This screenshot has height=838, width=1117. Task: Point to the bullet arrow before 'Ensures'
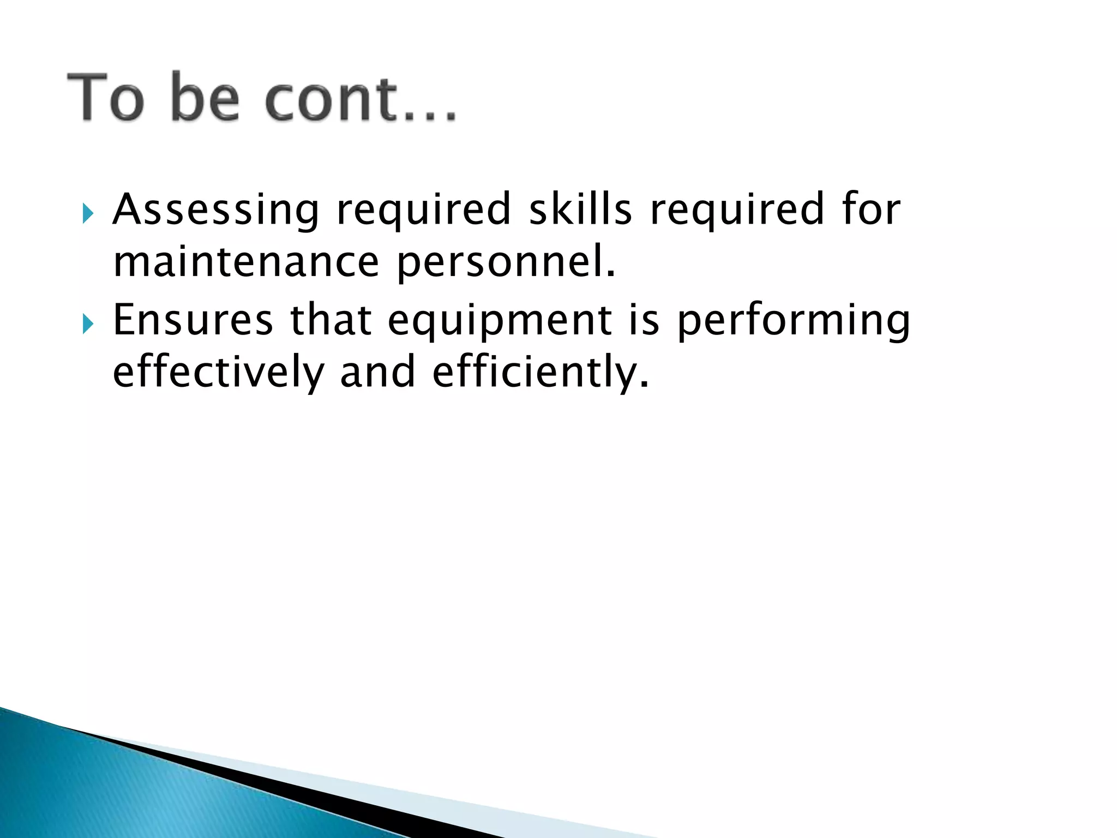click(88, 325)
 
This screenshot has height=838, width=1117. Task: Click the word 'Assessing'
click(216, 210)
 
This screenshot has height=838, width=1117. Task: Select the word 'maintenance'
click(246, 262)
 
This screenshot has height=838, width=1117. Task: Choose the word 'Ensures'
click(193, 320)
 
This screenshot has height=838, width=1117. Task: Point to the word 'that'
click(331, 320)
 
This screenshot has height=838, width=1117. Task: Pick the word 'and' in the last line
click(377, 373)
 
